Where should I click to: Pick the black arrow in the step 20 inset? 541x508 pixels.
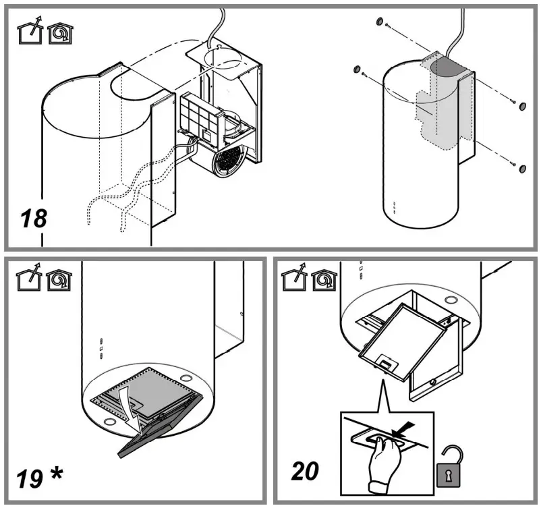point(402,428)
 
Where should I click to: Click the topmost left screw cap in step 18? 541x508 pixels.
point(380,22)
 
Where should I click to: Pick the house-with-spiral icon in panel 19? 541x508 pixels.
point(59,279)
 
